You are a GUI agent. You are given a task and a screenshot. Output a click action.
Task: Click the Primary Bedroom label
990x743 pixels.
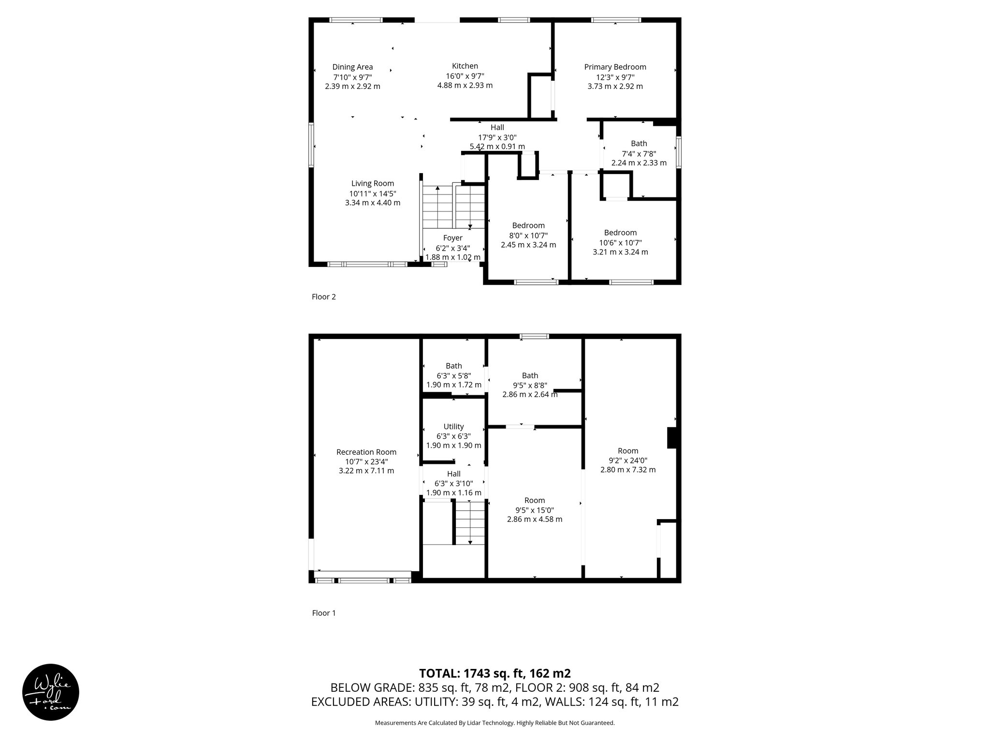(615, 67)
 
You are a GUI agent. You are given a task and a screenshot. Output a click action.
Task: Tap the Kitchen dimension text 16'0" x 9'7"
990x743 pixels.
(465, 76)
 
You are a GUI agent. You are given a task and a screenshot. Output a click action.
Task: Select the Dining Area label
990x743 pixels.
(352, 67)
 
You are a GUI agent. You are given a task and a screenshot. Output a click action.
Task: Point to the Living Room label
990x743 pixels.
(372, 183)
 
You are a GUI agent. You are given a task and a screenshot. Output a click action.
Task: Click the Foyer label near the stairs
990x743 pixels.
(452, 238)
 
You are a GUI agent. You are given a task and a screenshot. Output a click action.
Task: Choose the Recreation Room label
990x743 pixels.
(366, 452)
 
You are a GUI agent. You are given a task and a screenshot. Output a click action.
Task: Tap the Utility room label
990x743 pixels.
(453, 427)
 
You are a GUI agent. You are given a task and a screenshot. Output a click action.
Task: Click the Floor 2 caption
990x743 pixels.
(323, 297)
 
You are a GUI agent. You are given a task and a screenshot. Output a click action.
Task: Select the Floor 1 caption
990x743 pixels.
(323, 613)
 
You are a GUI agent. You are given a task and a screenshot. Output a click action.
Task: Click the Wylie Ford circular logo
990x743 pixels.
(51, 692)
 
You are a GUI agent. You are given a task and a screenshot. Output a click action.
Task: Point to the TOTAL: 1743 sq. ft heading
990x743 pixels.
(495, 673)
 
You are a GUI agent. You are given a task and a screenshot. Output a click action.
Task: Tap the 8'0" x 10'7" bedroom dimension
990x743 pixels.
(528, 235)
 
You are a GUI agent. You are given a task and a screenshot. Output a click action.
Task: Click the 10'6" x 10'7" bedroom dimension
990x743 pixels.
(620, 242)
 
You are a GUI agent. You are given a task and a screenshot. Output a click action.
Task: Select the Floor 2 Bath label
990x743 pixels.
(639, 143)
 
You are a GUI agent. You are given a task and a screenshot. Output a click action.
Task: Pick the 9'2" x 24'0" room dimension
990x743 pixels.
(627, 461)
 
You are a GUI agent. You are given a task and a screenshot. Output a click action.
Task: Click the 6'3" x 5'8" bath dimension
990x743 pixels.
(453, 375)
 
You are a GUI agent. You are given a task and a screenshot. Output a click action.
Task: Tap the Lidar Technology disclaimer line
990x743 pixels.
(495, 723)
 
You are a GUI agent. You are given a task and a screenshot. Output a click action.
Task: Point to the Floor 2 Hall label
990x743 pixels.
(497, 127)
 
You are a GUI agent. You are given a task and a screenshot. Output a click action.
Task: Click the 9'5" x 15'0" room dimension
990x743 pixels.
(534, 510)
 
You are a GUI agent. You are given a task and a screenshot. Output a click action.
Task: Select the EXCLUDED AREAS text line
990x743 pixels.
(495, 702)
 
